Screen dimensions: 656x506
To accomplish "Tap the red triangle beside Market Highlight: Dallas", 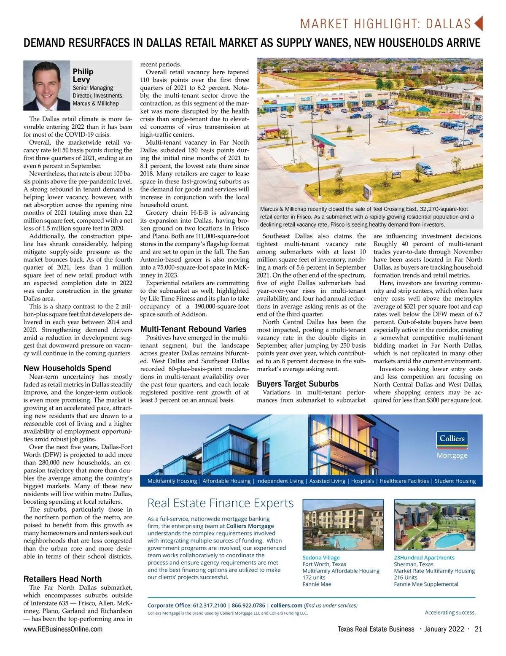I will (x=478, y=23).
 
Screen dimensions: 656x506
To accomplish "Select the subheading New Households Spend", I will (x=67, y=368).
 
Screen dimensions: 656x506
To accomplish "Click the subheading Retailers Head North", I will (x=62, y=579).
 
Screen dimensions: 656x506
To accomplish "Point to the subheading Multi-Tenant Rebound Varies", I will (x=193, y=329).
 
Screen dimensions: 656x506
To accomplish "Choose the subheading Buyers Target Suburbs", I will (x=298, y=384).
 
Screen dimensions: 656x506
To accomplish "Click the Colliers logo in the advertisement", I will (x=452, y=439).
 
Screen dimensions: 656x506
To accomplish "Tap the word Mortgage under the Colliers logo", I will (x=452, y=456).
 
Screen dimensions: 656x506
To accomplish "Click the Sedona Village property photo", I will (x=343, y=525).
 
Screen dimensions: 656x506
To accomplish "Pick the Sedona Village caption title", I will (x=321, y=558).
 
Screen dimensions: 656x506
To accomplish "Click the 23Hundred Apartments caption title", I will (x=424, y=558).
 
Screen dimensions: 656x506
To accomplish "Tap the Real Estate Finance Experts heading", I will (x=221, y=503).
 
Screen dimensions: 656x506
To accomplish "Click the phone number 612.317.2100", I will (x=209, y=605).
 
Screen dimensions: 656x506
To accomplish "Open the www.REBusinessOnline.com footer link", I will (x=63, y=629).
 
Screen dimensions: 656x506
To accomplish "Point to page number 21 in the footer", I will (x=478, y=629).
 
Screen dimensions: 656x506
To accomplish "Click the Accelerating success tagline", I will (x=450, y=613).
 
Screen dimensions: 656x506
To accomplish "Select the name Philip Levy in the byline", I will (x=83, y=76).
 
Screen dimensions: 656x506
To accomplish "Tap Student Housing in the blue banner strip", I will (x=455, y=481).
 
